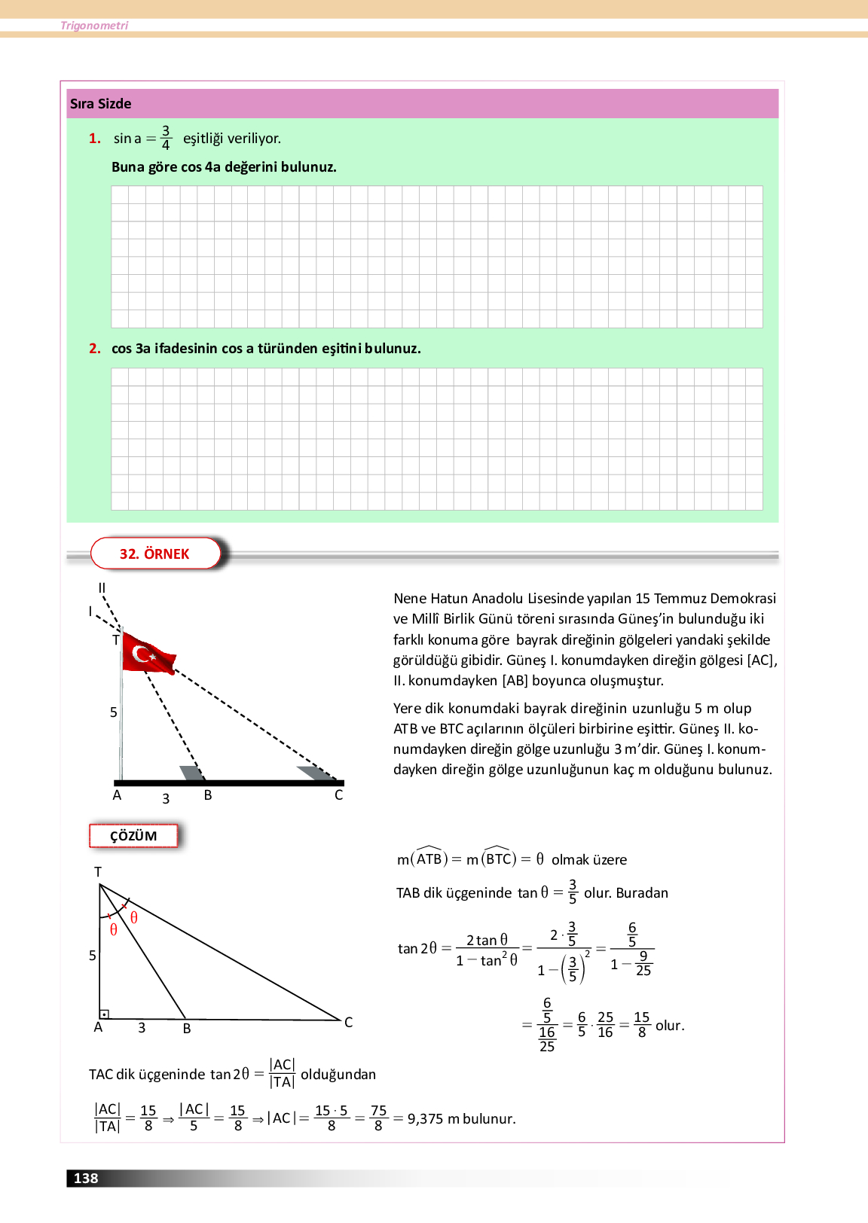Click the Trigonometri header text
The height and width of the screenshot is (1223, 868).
coord(94,26)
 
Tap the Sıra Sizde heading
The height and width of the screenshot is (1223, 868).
coord(100,104)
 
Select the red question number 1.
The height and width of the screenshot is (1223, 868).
coord(95,139)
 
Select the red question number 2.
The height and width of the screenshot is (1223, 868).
coord(95,349)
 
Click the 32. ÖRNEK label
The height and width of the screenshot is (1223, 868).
coord(154,554)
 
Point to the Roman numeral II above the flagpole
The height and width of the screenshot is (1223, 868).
coord(102,588)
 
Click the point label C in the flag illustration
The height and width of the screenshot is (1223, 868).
coord(338,795)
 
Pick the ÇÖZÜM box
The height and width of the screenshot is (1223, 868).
coord(133,836)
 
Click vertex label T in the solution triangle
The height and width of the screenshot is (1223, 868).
coord(98,872)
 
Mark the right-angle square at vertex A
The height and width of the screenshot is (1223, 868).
coord(105,1014)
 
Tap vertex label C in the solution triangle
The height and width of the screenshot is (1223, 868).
coord(348,1023)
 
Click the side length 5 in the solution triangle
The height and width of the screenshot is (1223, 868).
coord(93,956)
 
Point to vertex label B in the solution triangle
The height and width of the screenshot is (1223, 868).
coord(187,1029)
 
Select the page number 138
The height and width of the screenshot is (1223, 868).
coord(86,1179)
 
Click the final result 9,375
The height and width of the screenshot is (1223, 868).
coord(425,1119)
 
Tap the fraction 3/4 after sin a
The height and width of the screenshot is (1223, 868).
coord(166,138)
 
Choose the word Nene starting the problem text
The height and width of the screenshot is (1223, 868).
coord(410,599)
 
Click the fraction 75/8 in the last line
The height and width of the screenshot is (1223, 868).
coord(378,1118)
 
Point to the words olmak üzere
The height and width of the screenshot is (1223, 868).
coord(588,860)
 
